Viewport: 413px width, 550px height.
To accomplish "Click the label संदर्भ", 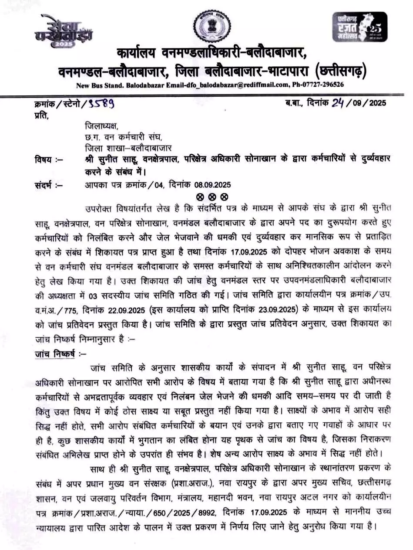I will pos(45,185).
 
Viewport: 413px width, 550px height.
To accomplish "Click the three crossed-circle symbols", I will pos(212,197).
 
